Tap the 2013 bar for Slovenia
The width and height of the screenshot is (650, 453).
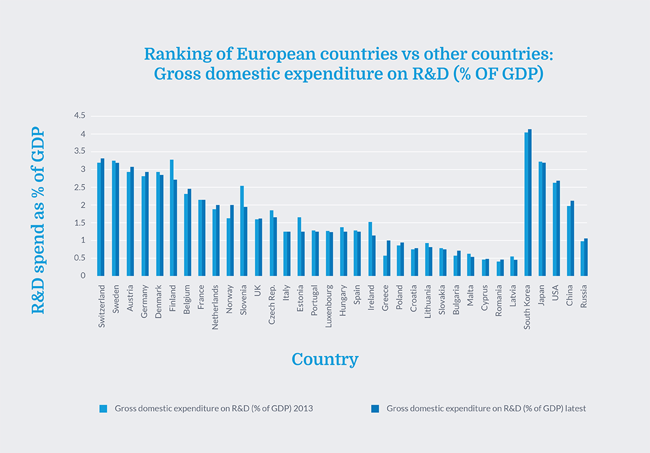242,231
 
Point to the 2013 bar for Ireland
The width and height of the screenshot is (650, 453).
370,249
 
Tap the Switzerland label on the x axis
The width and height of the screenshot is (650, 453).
102,307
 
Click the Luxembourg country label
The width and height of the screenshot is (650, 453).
329,306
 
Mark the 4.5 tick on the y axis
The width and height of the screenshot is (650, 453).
80,116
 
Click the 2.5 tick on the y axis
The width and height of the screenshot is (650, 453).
80,187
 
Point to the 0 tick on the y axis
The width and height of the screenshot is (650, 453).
83,276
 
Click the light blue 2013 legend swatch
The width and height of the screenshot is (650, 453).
103,409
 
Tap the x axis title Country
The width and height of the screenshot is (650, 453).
325,360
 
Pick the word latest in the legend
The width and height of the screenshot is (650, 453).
574,409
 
